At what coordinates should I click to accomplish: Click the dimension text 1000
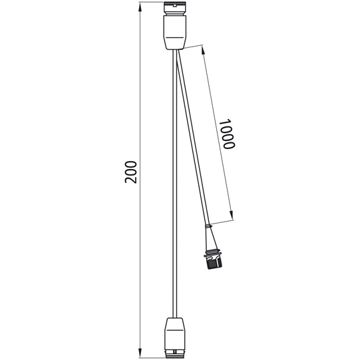tap(226, 134)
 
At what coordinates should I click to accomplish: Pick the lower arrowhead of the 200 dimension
tap(140, 352)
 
